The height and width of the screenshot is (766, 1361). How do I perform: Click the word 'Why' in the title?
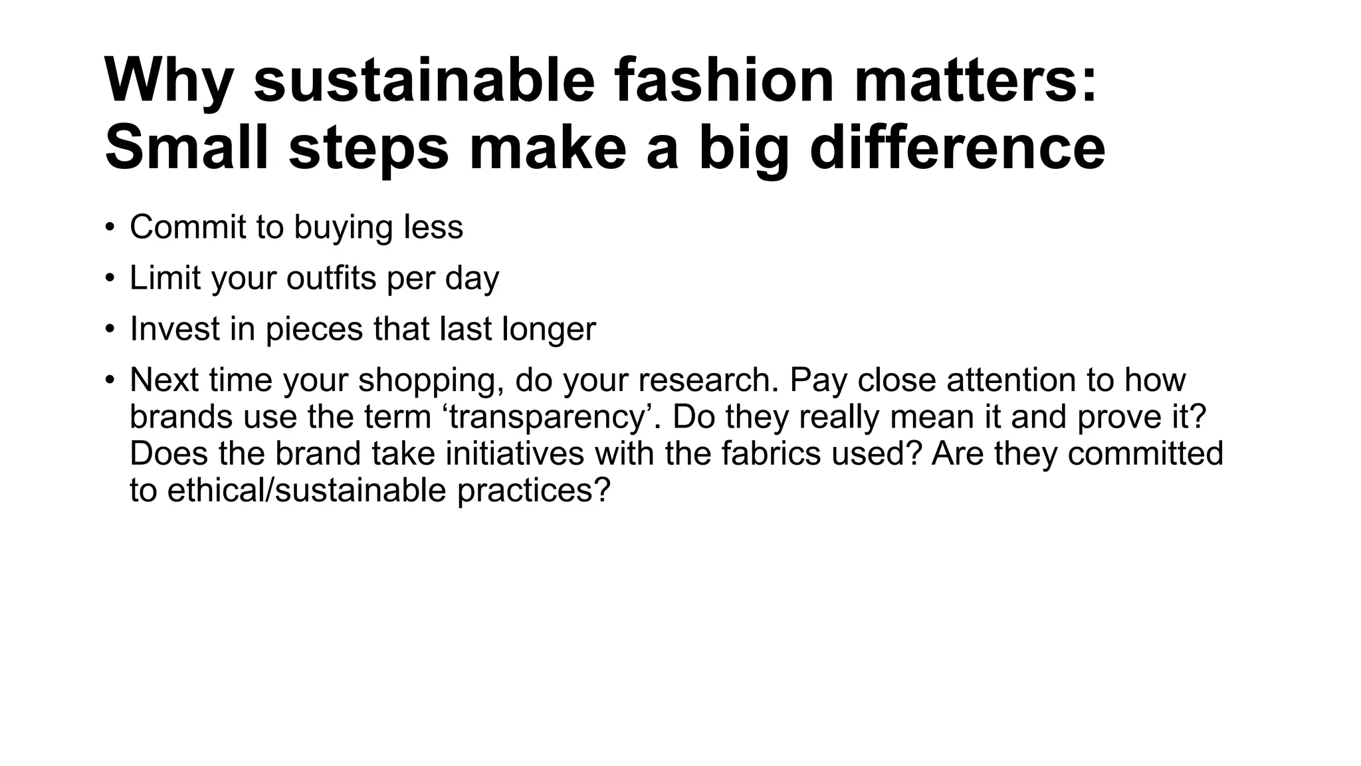click(x=169, y=81)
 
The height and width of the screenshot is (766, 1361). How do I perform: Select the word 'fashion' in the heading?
click(x=723, y=81)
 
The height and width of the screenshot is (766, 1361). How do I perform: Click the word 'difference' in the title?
click(x=958, y=148)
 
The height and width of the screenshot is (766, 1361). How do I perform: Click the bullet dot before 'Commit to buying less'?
click(x=110, y=227)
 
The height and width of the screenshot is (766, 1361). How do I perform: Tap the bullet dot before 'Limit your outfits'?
click(x=110, y=278)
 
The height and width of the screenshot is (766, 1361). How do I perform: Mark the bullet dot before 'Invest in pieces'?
click(x=110, y=328)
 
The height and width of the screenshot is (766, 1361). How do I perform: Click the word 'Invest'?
click(x=175, y=328)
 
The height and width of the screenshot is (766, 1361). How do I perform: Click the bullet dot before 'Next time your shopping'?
click(x=110, y=380)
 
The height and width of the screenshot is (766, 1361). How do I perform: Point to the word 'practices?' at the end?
click(x=534, y=491)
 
